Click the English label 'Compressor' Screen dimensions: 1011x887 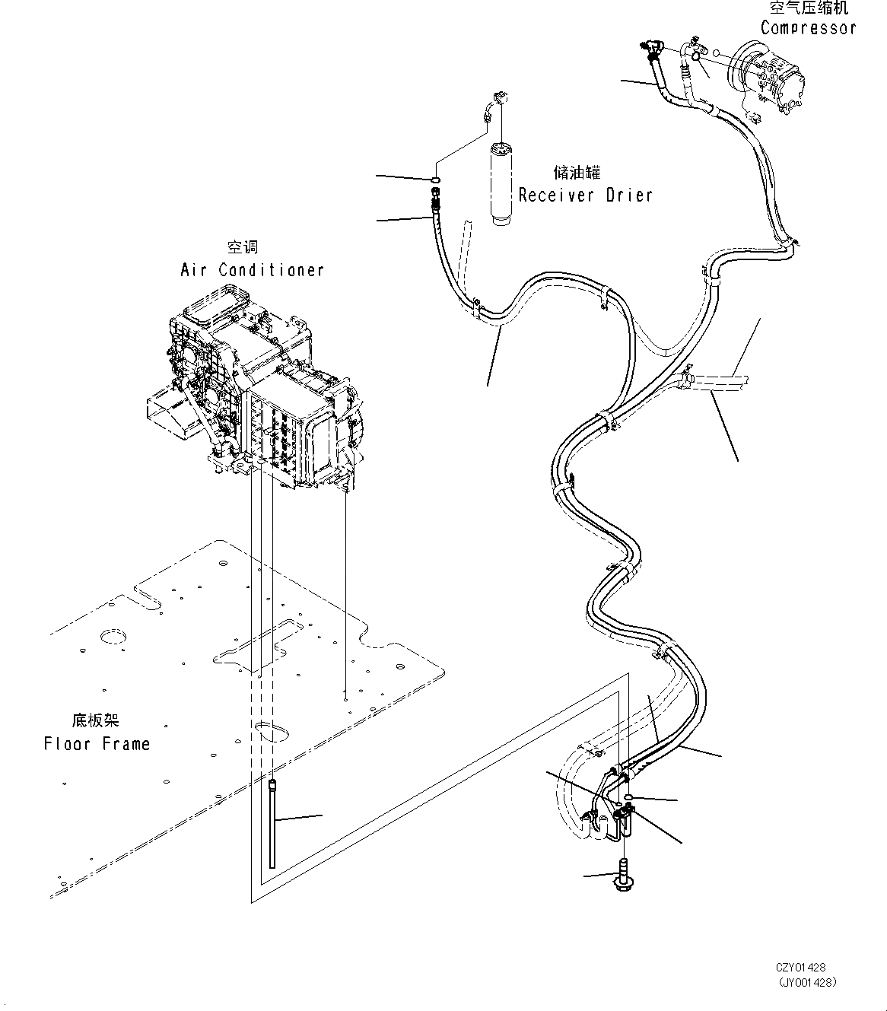point(808,28)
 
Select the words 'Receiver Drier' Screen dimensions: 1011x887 point(585,195)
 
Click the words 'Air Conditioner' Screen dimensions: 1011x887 point(252,270)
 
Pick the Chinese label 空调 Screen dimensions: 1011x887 point(243,247)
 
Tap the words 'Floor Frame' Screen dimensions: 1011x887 point(97,743)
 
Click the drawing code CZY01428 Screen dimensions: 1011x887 point(800,968)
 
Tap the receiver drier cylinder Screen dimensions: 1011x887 point(503,183)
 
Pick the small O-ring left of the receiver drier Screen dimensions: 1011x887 point(434,180)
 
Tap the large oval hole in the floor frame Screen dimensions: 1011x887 point(272,731)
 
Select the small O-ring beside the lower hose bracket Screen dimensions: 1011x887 point(629,796)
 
